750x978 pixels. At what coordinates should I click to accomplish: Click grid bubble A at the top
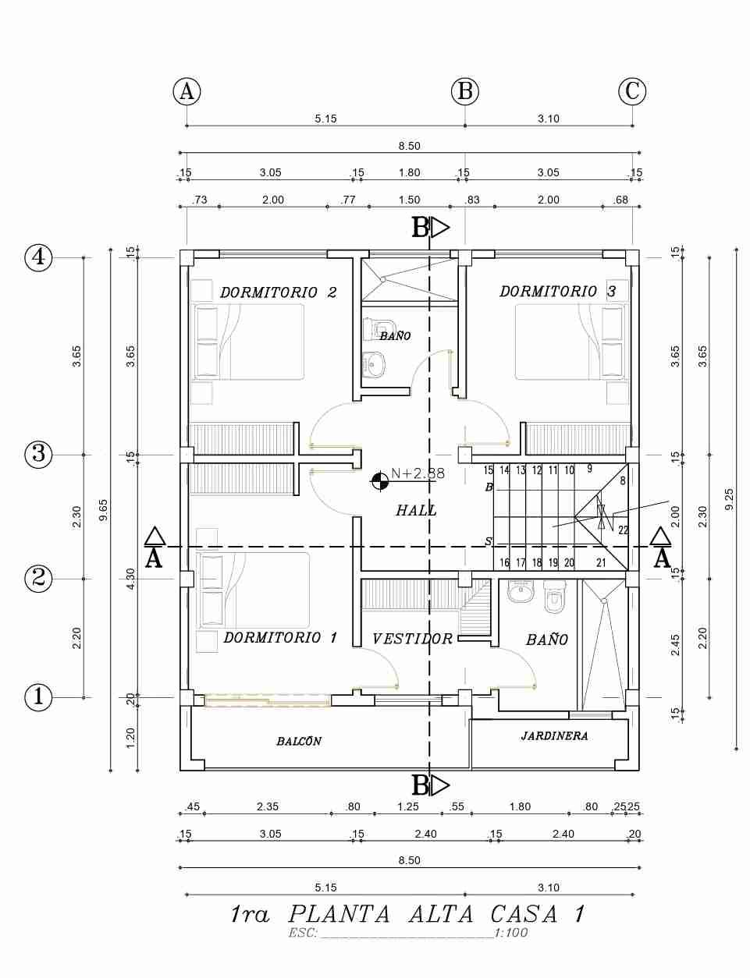[187, 91]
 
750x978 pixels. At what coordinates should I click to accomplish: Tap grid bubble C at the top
[632, 91]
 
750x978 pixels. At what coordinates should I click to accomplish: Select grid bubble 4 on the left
[38, 258]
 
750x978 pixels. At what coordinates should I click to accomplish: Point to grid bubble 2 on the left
[38, 579]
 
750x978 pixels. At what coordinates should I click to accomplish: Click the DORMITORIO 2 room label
[278, 292]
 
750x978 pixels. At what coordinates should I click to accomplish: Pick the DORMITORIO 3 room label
[557, 292]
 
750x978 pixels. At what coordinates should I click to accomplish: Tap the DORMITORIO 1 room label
[280, 638]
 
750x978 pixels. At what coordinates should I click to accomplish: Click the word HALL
[417, 510]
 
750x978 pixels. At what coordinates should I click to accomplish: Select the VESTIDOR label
[412, 639]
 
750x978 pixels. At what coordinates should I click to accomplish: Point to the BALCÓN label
[299, 741]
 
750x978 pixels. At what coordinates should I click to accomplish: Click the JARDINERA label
[555, 736]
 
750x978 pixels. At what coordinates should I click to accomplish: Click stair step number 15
[488, 471]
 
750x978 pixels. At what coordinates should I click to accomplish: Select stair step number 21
[601, 562]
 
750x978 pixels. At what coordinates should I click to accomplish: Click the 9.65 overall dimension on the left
[103, 510]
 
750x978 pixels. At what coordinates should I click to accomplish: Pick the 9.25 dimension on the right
[730, 500]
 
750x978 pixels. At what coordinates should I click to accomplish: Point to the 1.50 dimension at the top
[409, 200]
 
